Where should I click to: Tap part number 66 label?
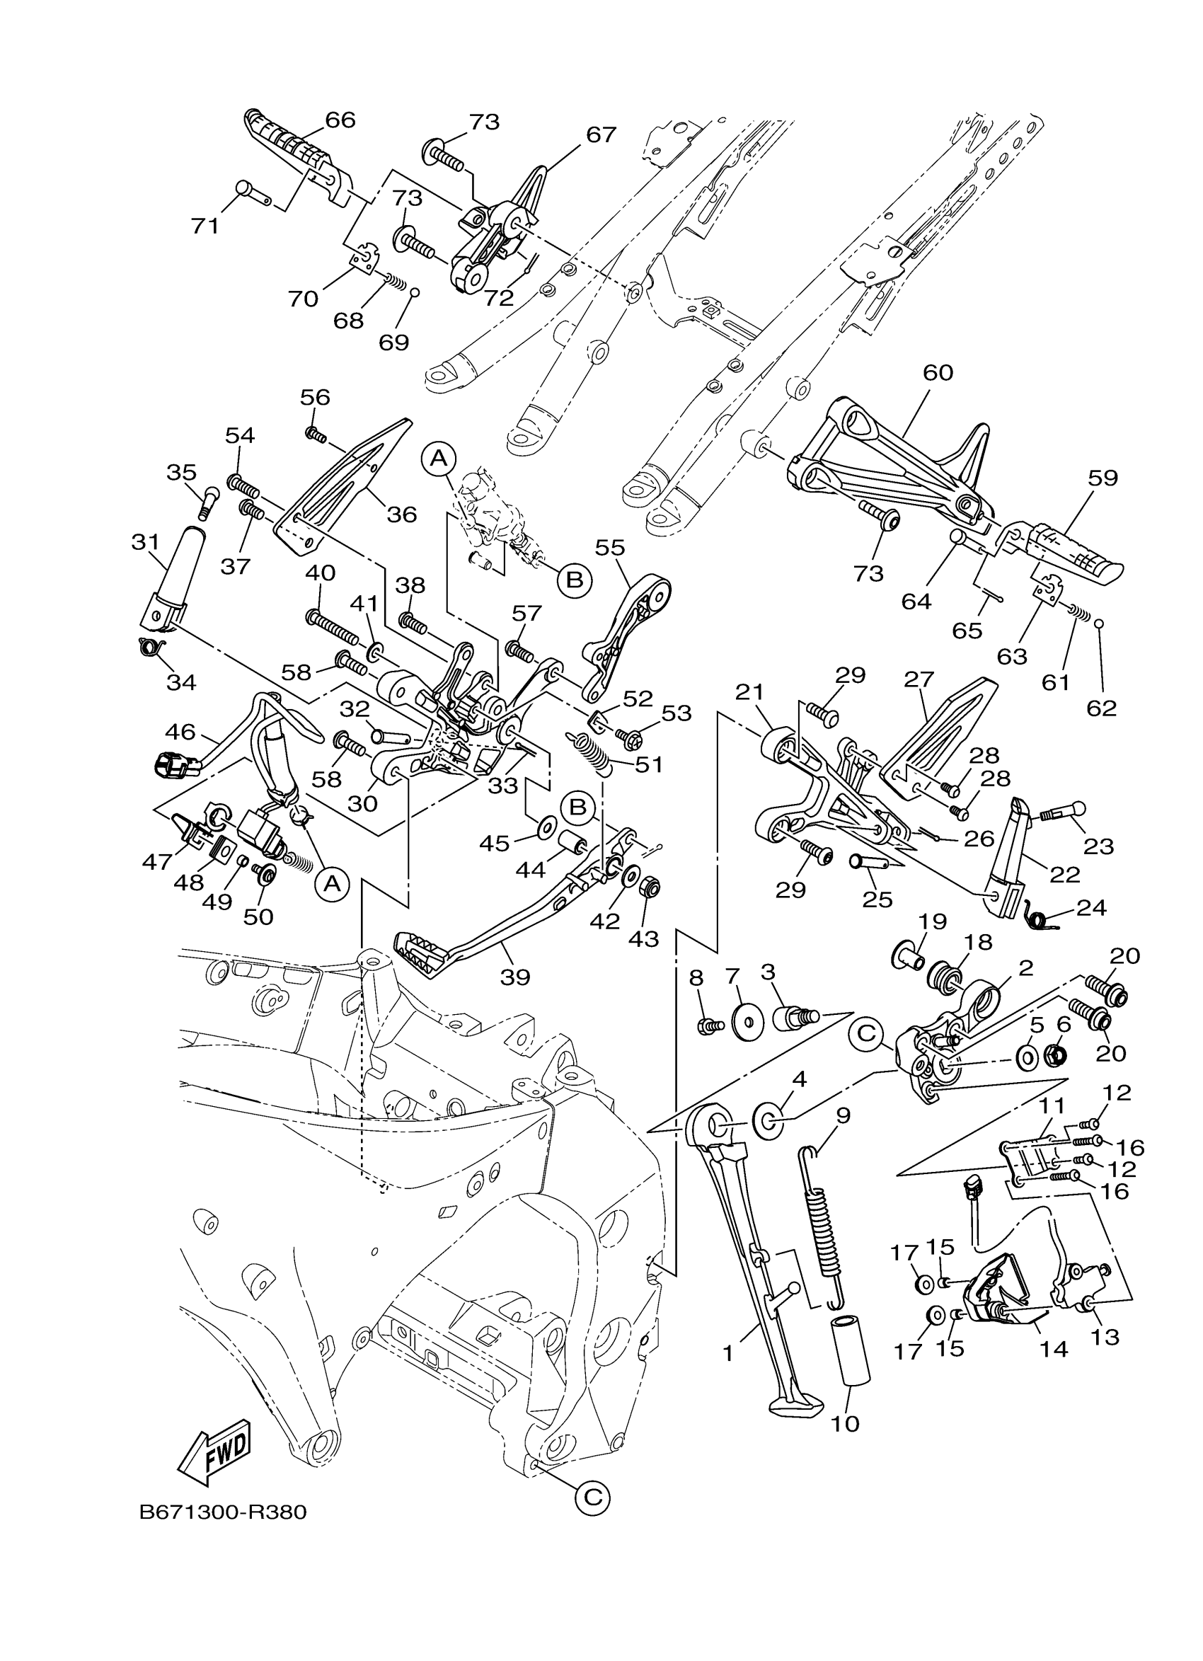click(x=340, y=120)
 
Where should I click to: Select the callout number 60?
click(x=937, y=373)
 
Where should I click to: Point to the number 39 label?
click(x=514, y=976)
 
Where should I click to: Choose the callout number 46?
click(x=179, y=731)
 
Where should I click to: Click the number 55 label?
click(x=610, y=547)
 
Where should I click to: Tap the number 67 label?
click(x=600, y=134)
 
